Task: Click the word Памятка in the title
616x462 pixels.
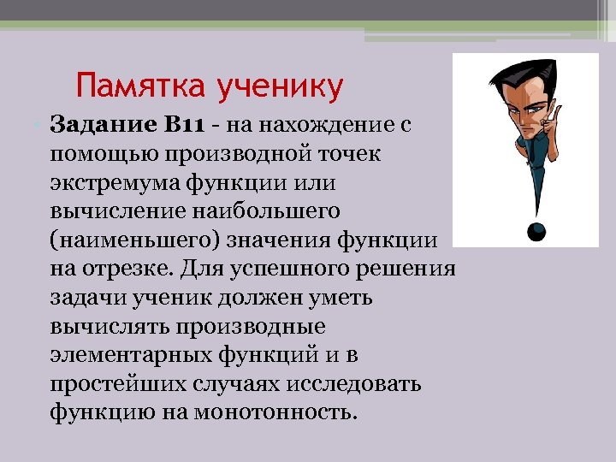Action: (129, 86)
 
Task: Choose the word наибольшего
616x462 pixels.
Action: (267, 210)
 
